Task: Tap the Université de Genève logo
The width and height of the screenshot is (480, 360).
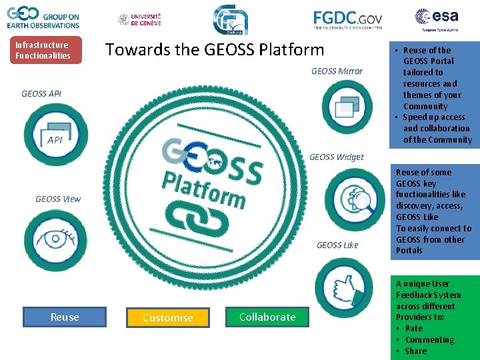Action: click(x=140, y=19)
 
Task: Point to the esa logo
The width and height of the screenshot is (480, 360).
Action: click(x=436, y=19)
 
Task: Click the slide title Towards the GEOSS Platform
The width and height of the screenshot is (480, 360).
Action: click(x=215, y=49)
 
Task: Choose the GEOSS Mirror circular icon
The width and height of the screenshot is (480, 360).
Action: click(x=347, y=107)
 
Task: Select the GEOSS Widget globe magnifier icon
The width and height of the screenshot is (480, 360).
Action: click(x=354, y=199)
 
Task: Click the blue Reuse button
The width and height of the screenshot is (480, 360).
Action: click(x=65, y=317)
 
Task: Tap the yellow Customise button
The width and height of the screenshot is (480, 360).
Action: click(x=168, y=317)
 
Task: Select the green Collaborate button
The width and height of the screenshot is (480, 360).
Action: click(x=267, y=317)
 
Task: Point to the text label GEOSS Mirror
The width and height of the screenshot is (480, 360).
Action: click(x=337, y=71)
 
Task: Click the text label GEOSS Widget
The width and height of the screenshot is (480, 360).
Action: click(x=337, y=157)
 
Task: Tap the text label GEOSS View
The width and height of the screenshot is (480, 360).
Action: click(x=58, y=199)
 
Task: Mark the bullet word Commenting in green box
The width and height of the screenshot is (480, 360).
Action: click(x=429, y=339)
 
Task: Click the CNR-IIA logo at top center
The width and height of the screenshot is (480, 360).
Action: click(x=231, y=19)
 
